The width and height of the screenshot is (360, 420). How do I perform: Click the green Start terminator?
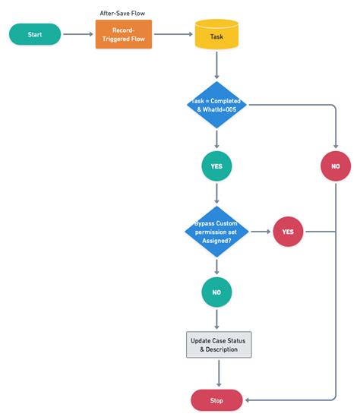click(x=35, y=34)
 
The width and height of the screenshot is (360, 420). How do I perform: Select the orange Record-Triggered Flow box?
click(x=124, y=34)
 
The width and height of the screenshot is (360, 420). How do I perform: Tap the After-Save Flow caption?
click(x=122, y=13)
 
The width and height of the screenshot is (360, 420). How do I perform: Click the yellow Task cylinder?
click(x=216, y=34)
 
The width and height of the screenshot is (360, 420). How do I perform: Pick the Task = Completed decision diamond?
click(x=216, y=105)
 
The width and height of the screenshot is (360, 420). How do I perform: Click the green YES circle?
click(x=216, y=166)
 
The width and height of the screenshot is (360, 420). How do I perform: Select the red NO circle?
click(x=336, y=166)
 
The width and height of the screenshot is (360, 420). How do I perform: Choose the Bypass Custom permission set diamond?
click(x=216, y=232)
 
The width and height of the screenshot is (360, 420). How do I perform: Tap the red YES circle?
click(x=288, y=232)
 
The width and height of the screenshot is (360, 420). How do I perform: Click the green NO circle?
click(x=216, y=292)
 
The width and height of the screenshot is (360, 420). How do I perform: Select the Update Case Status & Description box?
click(x=219, y=345)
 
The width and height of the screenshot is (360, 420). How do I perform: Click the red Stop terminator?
click(x=216, y=400)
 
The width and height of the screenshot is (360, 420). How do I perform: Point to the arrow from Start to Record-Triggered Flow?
click(x=78, y=34)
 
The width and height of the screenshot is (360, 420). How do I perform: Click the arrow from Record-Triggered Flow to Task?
click(x=173, y=34)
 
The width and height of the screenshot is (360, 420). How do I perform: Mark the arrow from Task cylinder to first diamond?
click(x=216, y=65)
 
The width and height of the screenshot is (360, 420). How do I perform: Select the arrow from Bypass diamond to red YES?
click(x=261, y=232)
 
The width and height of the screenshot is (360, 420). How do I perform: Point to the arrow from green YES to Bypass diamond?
click(x=216, y=194)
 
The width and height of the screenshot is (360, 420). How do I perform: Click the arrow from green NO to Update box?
click(x=216, y=320)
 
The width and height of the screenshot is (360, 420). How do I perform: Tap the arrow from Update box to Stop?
click(x=219, y=374)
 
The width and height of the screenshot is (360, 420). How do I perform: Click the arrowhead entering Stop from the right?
click(x=247, y=400)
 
